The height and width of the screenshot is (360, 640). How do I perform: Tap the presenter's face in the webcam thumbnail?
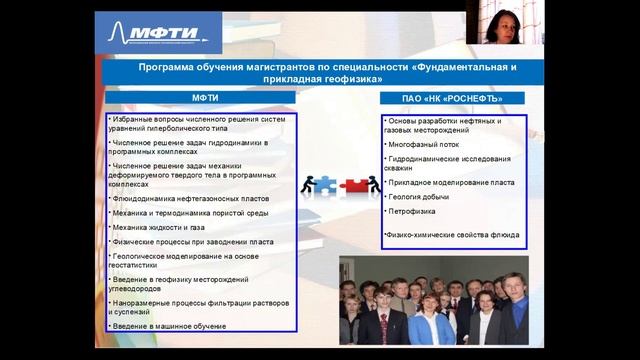(497, 22)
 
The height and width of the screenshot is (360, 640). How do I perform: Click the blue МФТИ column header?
(204, 98)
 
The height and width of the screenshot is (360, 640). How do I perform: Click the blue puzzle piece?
(324, 184)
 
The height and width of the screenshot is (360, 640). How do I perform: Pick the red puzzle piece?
(356, 184)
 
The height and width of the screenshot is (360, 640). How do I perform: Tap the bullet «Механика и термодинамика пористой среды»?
(190, 213)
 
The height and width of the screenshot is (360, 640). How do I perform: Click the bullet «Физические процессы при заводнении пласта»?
(192, 242)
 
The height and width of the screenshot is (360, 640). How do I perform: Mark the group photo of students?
(433, 300)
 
